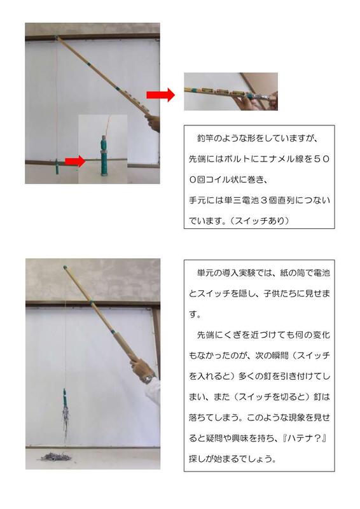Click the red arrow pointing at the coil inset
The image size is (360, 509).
[x=74, y=162]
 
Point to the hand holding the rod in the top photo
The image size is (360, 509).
[x=153, y=122]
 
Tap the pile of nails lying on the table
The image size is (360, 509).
[x=57, y=456]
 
